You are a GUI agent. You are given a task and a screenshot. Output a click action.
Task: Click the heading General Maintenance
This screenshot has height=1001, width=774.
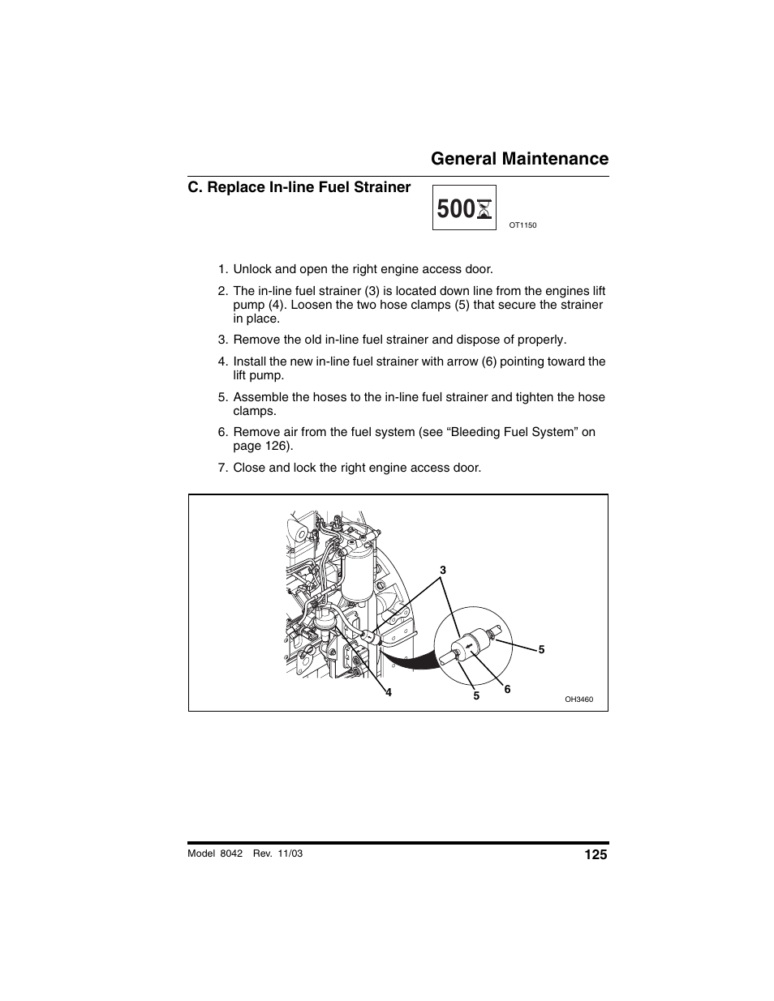(519, 158)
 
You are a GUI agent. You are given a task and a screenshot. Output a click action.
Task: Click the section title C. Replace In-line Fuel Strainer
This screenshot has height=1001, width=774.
(299, 187)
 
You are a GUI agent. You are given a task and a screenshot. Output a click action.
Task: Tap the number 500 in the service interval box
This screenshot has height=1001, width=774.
(454, 209)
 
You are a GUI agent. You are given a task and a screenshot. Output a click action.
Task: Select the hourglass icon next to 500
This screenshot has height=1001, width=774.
(484, 210)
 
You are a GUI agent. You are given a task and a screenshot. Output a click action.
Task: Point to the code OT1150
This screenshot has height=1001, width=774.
(522, 225)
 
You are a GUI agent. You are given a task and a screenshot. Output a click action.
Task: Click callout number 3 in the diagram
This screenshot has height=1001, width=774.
(443, 570)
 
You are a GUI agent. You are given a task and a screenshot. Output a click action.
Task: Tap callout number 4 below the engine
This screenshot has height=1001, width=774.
(389, 692)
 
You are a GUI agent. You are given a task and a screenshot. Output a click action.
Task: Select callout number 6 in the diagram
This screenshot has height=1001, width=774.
(507, 689)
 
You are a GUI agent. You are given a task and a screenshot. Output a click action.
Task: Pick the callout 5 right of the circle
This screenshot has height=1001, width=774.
(541, 649)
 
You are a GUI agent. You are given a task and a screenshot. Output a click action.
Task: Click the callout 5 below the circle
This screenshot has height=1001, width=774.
(476, 695)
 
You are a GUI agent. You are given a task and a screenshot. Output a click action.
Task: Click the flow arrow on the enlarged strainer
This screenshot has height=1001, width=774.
(471, 646)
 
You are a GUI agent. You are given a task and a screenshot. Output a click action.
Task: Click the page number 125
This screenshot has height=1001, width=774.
(595, 854)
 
